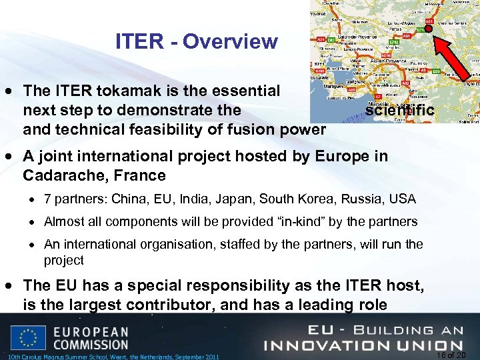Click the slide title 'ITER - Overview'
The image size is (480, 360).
pyautogui.click(x=196, y=41)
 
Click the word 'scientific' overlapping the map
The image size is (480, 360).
pyautogui.click(x=399, y=110)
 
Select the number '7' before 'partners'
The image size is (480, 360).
pyautogui.click(x=48, y=199)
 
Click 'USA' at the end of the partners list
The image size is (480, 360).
pyautogui.click(x=403, y=199)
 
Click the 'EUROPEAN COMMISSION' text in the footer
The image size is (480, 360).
pyautogui.click(x=91, y=337)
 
